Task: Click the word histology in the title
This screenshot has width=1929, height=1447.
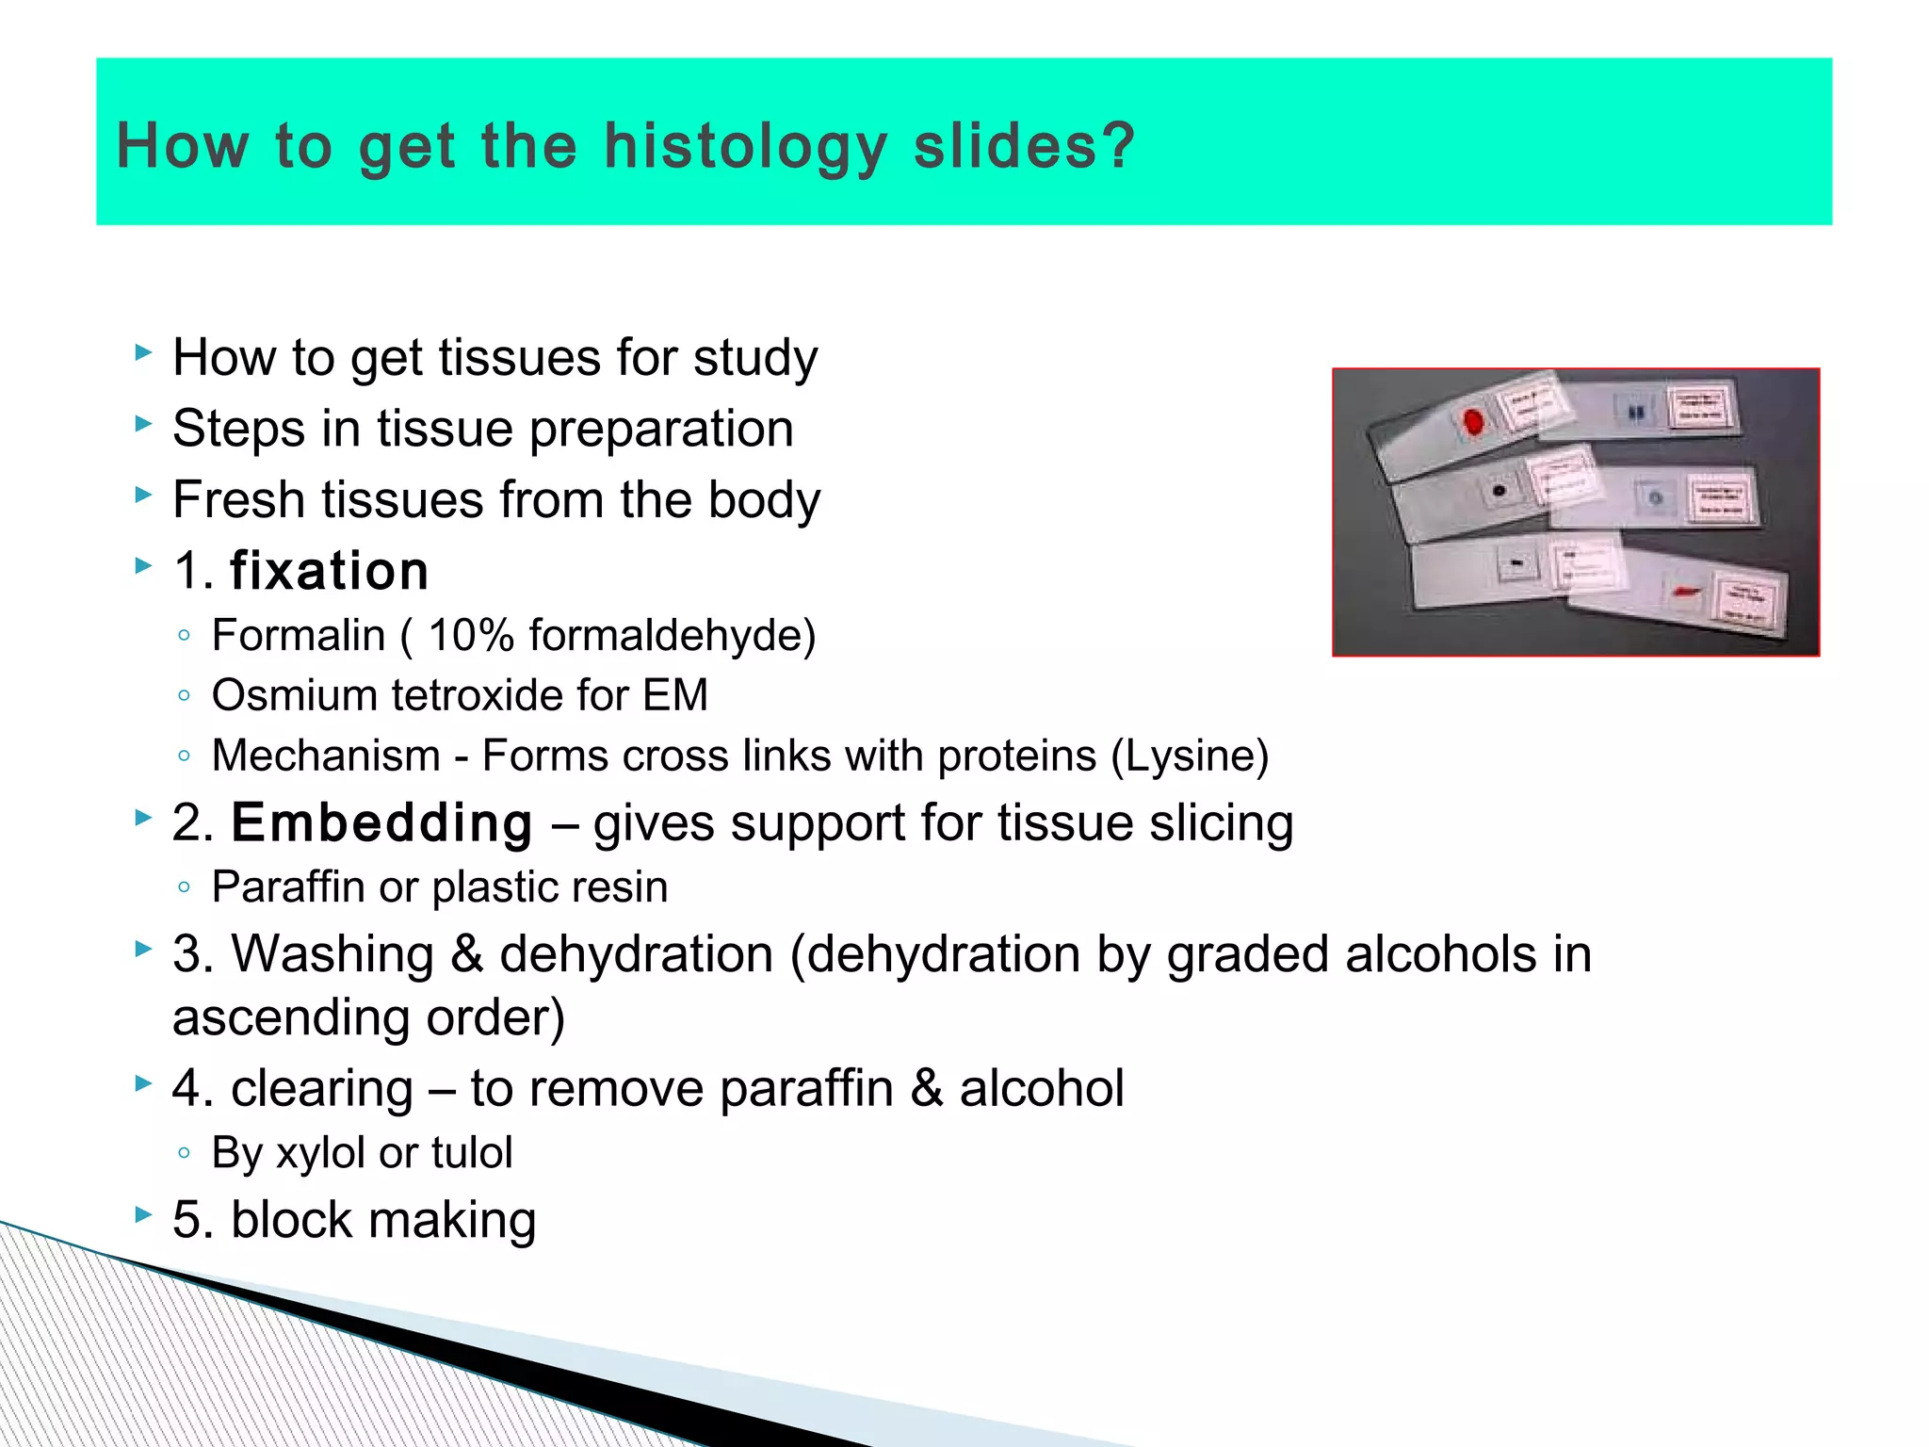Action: (x=745, y=147)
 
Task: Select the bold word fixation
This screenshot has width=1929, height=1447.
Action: (x=329, y=571)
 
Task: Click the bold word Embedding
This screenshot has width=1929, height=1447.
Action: (x=381, y=822)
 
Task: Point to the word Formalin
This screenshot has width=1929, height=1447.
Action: (x=299, y=635)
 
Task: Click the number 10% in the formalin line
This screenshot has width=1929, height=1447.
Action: (x=471, y=635)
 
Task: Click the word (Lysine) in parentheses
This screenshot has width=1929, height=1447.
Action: (x=1190, y=756)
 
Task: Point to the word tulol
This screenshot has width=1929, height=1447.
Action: (x=472, y=1152)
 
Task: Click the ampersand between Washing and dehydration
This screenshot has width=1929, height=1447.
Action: (x=466, y=953)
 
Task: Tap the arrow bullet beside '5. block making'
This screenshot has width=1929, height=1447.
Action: (x=143, y=1214)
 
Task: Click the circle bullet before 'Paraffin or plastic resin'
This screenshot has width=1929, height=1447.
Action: (x=184, y=886)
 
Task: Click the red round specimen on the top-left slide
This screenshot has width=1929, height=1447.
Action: (x=1473, y=421)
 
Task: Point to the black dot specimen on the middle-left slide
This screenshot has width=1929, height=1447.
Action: (x=1499, y=491)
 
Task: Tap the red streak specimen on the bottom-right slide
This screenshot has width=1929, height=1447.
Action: (x=1685, y=591)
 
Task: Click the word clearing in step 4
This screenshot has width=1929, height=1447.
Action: (x=321, y=1088)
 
